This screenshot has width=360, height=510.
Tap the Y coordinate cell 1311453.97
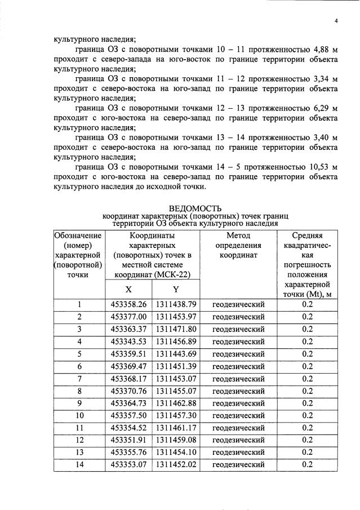coord(176,317)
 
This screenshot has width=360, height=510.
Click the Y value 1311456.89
coord(176,342)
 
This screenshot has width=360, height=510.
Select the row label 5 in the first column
coord(79,354)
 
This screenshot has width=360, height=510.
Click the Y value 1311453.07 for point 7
coord(176,379)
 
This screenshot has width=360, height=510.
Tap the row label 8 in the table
coord(79,391)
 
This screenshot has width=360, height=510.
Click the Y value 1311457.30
coord(176,415)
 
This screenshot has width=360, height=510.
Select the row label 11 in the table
coord(79,428)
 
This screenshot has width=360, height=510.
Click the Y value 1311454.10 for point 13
coord(176,453)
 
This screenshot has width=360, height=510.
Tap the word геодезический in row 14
coord(238,465)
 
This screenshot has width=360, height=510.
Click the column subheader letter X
coord(128,289)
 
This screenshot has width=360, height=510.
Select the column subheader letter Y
coord(176,289)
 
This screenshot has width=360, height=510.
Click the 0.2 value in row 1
coord(307,304)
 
